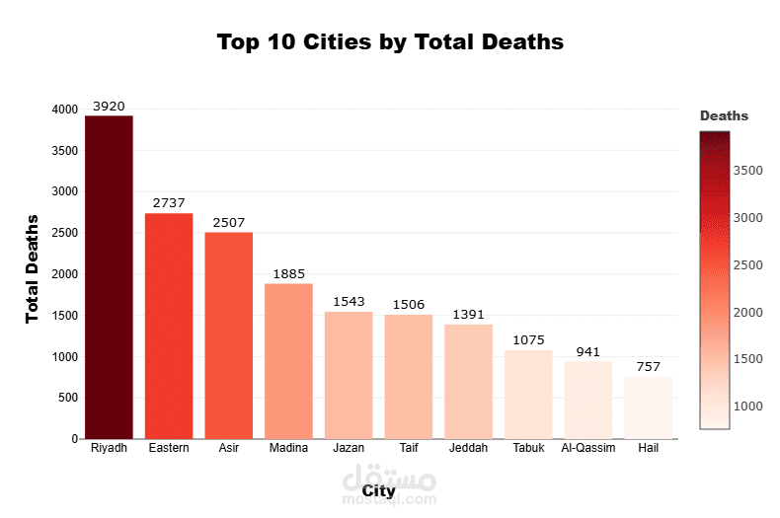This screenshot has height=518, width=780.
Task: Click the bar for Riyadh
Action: [109, 276]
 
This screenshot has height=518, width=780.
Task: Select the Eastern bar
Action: [169, 326]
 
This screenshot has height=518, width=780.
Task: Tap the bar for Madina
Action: [288, 360]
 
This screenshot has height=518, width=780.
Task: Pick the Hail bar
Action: [648, 407]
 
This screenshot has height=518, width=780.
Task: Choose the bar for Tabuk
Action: [528, 394]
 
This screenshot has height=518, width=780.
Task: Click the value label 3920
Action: [109, 106]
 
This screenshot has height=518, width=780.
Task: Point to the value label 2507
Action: [228, 222]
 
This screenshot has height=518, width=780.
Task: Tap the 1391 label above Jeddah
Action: [468, 314]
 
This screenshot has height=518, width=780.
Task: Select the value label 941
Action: [587, 351]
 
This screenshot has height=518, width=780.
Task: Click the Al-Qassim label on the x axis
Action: [587, 449]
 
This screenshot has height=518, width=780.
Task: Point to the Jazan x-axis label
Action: [349, 449]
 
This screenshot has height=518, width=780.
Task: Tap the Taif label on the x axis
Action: [409, 449]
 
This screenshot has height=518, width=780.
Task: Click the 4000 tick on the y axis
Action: [64, 110]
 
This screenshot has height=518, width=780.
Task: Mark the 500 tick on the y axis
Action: [67, 398]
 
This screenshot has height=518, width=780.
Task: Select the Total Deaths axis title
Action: [33, 268]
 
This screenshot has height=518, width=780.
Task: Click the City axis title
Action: [379, 490]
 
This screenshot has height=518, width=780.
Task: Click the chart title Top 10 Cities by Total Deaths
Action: [390, 42]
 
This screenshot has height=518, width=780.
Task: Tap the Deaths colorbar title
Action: [724, 116]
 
